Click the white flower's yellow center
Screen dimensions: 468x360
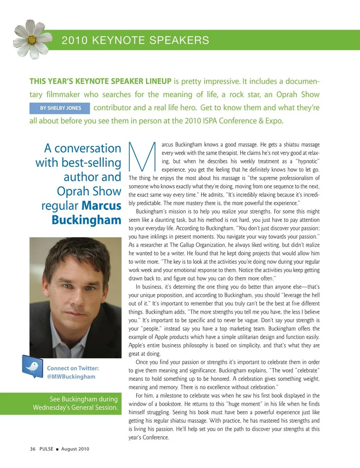click(32, 39)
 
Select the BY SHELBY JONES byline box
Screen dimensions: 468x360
click(60, 108)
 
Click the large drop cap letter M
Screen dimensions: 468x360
click(142, 157)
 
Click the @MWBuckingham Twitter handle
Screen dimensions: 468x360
click(71, 376)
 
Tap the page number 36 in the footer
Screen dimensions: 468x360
click(33, 449)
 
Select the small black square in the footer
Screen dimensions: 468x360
click(57, 449)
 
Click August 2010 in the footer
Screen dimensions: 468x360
click(75, 449)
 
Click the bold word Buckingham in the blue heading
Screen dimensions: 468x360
click(86, 220)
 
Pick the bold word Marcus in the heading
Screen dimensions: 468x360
click(101, 206)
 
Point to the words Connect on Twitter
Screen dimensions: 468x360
click(73, 368)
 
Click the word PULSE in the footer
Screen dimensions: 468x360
click(46, 449)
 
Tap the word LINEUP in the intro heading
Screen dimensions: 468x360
click(158, 81)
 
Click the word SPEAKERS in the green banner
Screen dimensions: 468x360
click(183, 40)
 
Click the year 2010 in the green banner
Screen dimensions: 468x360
click(75, 40)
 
